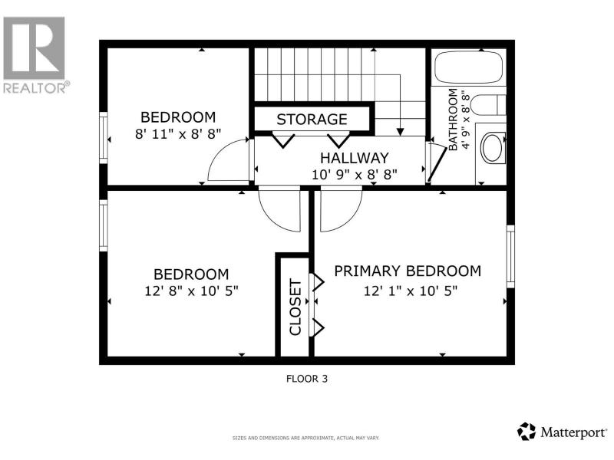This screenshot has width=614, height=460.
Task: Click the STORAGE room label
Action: pos(312,120)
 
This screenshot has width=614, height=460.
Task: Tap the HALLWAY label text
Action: pos(355,158)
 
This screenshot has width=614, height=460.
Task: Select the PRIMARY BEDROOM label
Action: pos(408,271)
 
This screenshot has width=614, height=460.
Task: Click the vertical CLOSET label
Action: pos(295,307)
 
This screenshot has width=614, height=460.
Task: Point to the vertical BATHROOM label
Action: pos(453,120)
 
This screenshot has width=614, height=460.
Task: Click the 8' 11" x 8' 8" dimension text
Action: pos(178,134)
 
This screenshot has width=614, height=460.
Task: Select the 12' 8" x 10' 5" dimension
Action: pos(191,291)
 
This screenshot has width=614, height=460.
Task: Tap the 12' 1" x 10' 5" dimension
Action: pos(411,291)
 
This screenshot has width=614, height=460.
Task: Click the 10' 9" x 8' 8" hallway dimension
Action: pos(355,175)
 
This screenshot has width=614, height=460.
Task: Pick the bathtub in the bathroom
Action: pos(469,67)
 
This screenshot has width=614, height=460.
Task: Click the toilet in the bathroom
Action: pos(488,105)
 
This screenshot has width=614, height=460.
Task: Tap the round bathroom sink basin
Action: pos(492,147)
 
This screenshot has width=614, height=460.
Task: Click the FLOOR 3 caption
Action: pos(306,379)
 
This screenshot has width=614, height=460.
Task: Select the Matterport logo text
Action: pos(573,432)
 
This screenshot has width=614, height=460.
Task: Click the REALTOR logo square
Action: pos(34,48)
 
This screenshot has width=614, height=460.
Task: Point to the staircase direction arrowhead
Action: pos(400,132)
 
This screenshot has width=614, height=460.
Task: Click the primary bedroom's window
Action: pos(510,256)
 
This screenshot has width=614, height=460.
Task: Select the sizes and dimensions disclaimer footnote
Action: pos(305,438)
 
